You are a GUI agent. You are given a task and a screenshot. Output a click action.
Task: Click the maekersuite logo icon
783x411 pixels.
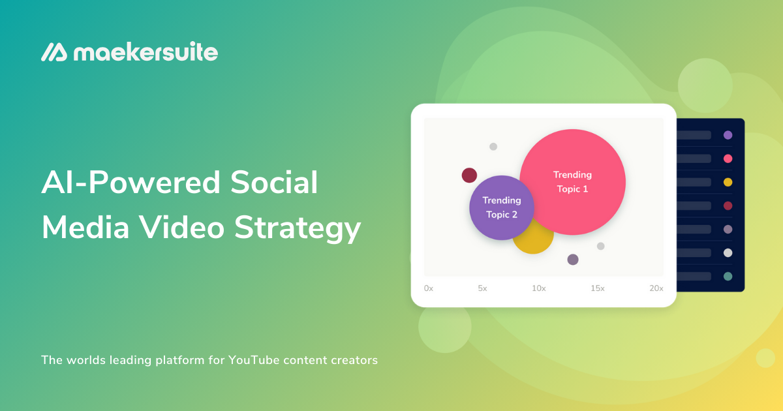click(x=54, y=52)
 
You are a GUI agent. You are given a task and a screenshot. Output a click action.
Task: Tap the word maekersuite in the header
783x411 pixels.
click(x=146, y=52)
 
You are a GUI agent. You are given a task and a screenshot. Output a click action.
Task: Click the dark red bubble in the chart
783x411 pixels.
click(x=469, y=175)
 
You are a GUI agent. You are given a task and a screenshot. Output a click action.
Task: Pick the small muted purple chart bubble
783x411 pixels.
click(x=573, y=260)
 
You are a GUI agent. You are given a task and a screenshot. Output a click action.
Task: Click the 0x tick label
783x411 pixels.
click(x=429, y=288)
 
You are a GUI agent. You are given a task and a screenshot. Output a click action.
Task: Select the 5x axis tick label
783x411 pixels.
click(x=482, y=288)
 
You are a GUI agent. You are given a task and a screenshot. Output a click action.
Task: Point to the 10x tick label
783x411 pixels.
click(x=538, y=288)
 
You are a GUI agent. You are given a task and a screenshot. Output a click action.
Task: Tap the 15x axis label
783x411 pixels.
click(x=598, y=288)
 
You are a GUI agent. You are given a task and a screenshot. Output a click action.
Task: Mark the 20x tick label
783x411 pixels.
click(x=656, y=288)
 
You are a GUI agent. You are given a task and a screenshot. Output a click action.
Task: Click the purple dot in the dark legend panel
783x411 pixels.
click(x=728, y=135)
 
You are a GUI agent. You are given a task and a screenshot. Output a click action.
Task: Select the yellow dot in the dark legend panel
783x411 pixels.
click(x=728, y=182)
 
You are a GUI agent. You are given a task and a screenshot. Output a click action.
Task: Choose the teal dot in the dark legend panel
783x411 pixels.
click(x=728, y=276)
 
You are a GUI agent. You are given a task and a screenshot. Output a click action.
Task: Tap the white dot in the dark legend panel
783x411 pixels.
click(x=728, y=252)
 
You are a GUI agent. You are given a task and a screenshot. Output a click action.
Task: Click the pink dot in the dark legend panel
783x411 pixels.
click(x=728, y=159)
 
